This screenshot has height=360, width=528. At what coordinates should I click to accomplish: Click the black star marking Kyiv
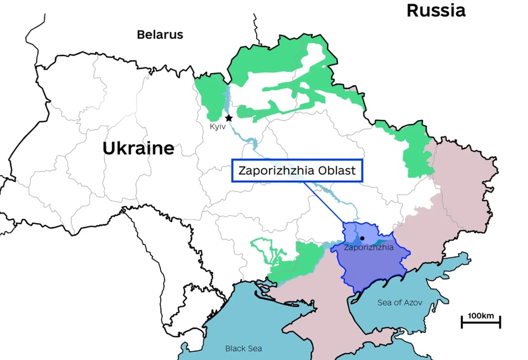[x=228, y=118]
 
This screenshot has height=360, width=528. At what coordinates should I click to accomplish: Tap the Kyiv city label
[x=217, y=127]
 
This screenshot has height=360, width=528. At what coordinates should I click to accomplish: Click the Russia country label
[x=435, y=10]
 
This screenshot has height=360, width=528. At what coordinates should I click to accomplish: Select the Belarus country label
[x=160, y=35]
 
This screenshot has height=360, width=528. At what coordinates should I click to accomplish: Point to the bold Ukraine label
[x=138, y=148]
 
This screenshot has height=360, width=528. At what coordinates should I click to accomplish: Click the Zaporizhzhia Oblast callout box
[x=297, y=170]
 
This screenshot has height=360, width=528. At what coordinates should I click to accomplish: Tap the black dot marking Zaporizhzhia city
[x=362, y=238]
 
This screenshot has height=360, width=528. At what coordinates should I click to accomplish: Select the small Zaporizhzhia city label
[x=369, y=248]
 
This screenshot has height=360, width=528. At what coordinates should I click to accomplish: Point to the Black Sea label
[x=243, y=349]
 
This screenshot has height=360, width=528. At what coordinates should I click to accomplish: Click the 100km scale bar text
[x=481, y=315]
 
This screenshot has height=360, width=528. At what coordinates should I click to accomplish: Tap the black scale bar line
[x=481, y=324]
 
